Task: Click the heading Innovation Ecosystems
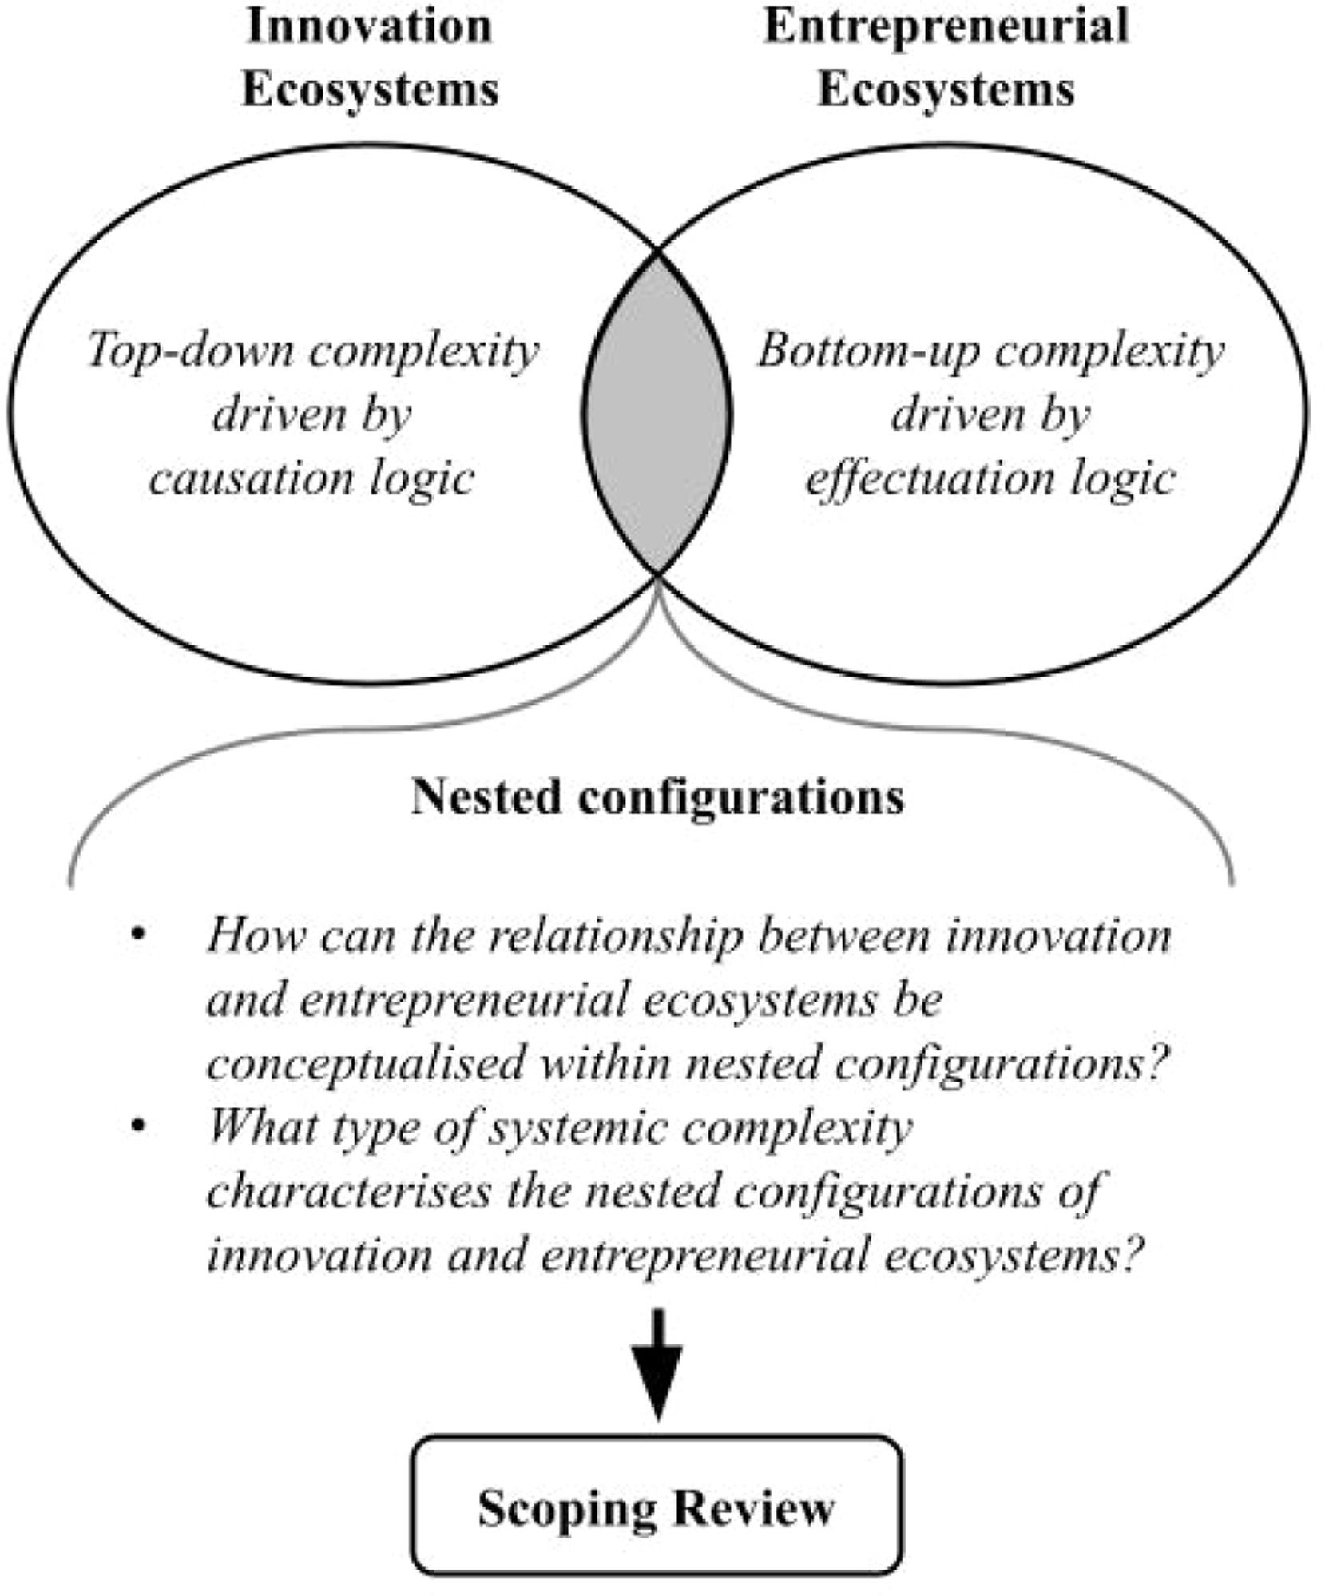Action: pos(370,58)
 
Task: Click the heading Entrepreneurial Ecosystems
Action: pos(946,58)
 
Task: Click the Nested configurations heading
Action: pos(657,797)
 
